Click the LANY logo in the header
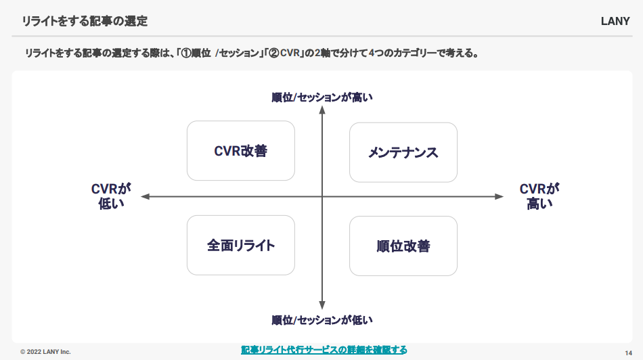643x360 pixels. click(x=615, y=22)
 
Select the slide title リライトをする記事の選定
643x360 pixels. click(x=85, y=21)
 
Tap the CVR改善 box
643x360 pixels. click(x=241, y=150)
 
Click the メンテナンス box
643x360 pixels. click(x=403, y=152)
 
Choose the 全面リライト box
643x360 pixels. click(x=241, y=245)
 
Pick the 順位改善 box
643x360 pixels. click(x=403, y=246)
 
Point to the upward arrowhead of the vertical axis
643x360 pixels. click(x=322, y=110)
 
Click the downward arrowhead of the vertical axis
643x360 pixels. click(x=322, y=305)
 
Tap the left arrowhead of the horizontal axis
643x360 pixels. click(x=145, y=196)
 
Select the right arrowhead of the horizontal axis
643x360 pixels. click(x=499, y=196)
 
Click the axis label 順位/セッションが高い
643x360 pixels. click(x=322, y=97)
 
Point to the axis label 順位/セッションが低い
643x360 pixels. click(x=322, y=320)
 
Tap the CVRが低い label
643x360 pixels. click(x=111, y=196)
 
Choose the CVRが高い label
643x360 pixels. click(x=539, y=196)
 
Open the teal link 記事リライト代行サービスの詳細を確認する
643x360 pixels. click(x=324, y=350)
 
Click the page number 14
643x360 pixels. click(x=628, y=353)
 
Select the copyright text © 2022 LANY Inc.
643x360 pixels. click(x=45, y=352)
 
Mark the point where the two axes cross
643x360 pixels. click(x=322, y=196)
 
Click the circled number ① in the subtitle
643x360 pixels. click(x=186, y=53)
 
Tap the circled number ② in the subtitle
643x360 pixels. click(x=274, y=53)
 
